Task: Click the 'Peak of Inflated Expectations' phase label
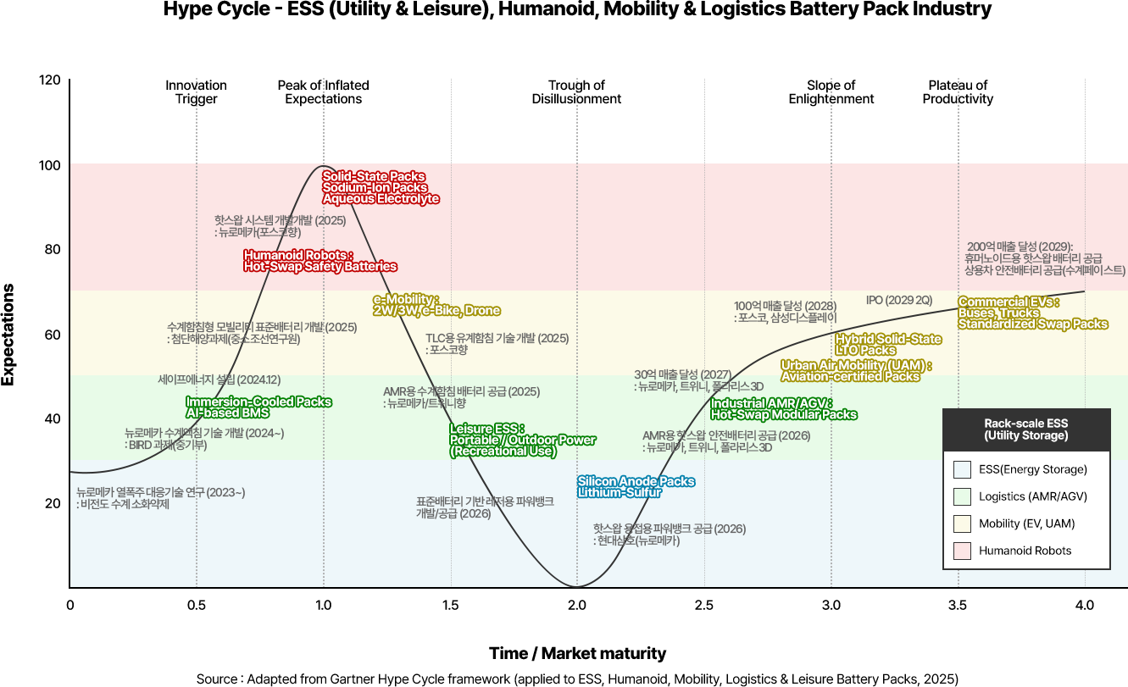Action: [x=323, y=92]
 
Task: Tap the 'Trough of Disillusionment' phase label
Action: [x=576, y=92]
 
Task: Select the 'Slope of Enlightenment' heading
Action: [x=831, y=92]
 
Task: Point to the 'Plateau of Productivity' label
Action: [x=958, y=92]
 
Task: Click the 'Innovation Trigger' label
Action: [x=196, y=92]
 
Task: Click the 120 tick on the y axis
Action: [x=50, y=80]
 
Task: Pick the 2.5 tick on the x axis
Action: [x=704, y=606]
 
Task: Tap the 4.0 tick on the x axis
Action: [x=1084, y=606]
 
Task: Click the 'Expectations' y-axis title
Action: [x=8, y=334]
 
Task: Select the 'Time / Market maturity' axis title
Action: [x=577, y=654]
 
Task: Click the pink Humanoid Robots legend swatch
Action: [x=961, y=551]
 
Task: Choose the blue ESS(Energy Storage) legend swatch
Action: [x=961, y=469]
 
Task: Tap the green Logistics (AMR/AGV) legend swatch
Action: [x=961, y=496]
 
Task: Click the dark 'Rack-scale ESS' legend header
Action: [x=1025, y=429]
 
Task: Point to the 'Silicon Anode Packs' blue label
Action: [x=636, y=482]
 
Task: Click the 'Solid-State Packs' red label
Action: [x=374, y=176]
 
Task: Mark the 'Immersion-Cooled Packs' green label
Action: [x=258, y=402]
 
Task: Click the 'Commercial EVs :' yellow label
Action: [x=1009, y=302]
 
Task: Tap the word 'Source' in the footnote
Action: [x=216, y=679]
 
